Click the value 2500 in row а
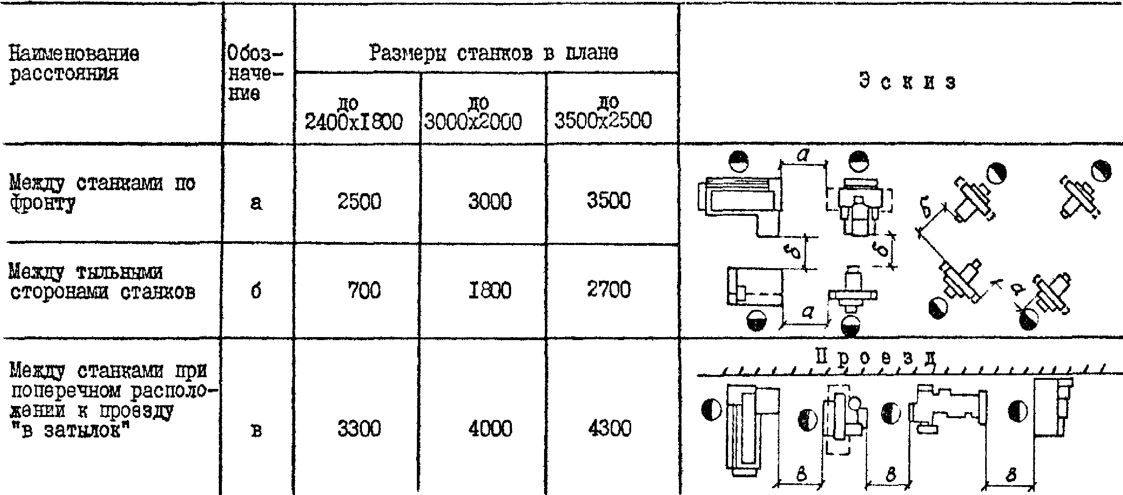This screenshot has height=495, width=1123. click(359, 201)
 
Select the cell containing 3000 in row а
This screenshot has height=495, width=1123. click(490, 201)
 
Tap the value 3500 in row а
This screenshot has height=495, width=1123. click(608, 201)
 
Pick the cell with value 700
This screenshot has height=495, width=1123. click(363, 290)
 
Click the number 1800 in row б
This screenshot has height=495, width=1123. click(490, 290)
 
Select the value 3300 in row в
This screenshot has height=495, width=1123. click(359, 428)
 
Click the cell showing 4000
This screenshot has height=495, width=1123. click(490, 429)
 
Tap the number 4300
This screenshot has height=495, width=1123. click(609, 428)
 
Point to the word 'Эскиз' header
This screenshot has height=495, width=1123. click(907, 81)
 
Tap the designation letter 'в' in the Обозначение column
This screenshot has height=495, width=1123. click(257, 431)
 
